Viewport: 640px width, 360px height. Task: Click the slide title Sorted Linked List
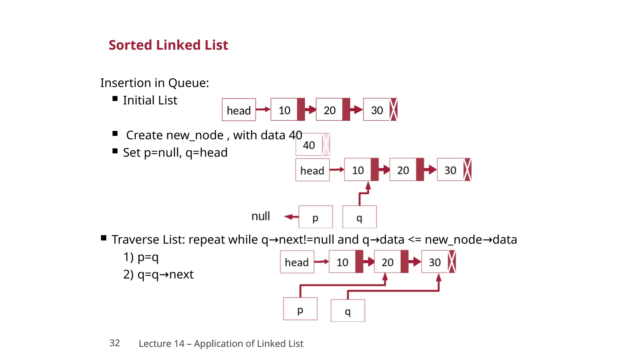(x=168, y=45)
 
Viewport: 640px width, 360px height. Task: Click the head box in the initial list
(x=239, y=110)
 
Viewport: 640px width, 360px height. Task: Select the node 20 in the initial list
(x=330, y=110)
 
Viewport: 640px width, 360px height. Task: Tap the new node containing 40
(x=309, y=145)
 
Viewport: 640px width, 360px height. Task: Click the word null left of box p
(x=260, y=216)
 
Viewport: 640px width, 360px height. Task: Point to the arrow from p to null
(x=291, y=217)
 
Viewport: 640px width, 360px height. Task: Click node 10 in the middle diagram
(x=358, y=170)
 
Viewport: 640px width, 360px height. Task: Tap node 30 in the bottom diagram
(x=435, y=262)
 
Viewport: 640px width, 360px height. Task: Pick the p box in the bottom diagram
(x=300, y=309)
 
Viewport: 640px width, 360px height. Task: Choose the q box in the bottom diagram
(x=347, y=311)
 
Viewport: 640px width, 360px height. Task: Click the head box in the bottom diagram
(x=297, y=262)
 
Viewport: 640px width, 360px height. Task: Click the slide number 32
(x=114, y=343)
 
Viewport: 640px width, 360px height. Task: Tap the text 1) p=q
(x=141, y=257)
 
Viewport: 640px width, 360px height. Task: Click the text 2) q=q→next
(x=158, y=274)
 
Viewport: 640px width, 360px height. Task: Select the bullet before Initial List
(x=115, y=99)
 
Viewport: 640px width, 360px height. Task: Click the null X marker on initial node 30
(x=394, y=109)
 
